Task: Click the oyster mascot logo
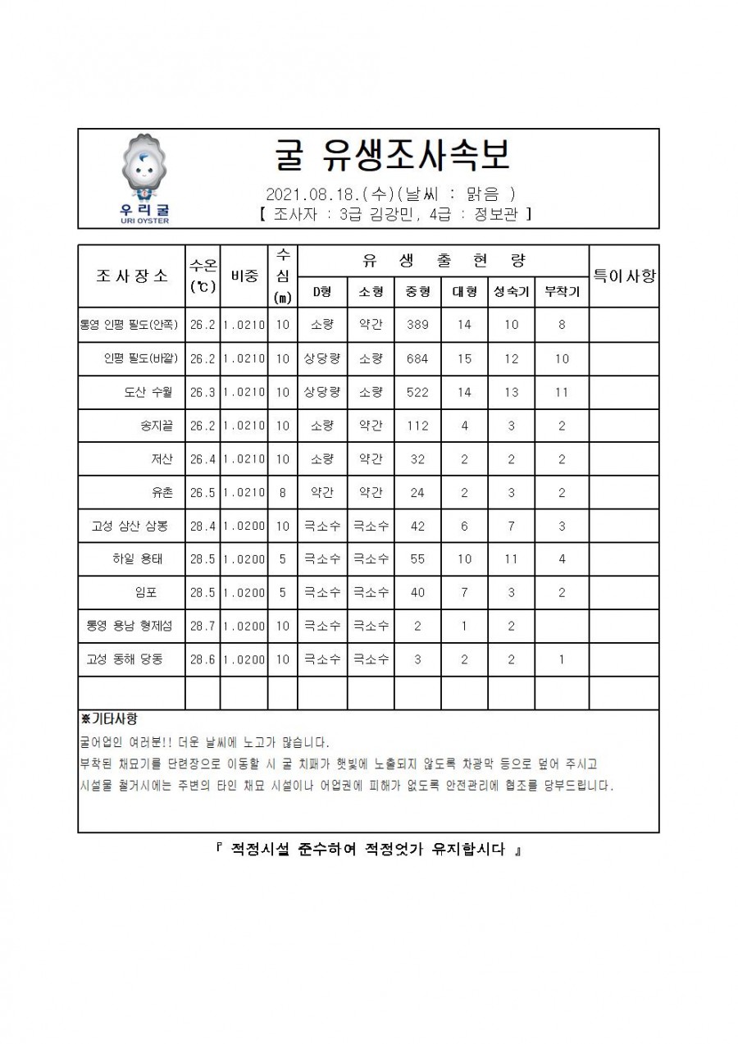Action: click(144, 171)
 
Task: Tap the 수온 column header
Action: click(203, 276)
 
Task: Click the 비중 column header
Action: click(244, 276)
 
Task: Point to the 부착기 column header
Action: click(562, 291)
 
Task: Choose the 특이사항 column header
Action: click(624, 276)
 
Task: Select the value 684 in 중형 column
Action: click(417, 358)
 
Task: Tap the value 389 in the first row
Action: click(417, 325)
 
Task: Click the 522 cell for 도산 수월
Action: click(417, 392)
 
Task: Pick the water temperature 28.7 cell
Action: click(203, 626)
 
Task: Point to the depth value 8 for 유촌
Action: click(282, 492)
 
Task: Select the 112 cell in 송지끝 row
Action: click(417, 426)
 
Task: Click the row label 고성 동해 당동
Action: click(125, 659)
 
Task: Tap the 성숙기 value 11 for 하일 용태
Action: click(511, 559)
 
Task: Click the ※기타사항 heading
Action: click(108, 719)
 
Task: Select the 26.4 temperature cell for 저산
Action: click(203, 459)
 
